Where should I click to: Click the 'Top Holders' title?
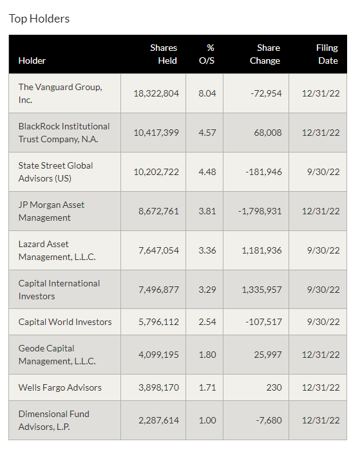point(39,19)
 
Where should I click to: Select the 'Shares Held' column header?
point(164,54)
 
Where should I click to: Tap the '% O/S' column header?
point(207,54)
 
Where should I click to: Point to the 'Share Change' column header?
point(265,54)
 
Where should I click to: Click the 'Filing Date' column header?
point(327,54)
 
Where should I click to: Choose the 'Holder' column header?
point(32,60)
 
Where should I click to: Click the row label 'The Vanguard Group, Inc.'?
point(60,93)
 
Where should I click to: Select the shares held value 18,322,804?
point(156,93)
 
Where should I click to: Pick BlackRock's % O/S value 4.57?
point(207,133)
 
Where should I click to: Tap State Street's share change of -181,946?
point(263,172)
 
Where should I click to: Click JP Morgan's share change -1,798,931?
point(260,211)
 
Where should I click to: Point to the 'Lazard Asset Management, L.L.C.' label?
point(57,250)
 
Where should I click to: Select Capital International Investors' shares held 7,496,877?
point(158,290)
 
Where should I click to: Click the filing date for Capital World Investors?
point(323,322)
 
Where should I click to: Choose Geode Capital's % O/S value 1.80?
point(207,355)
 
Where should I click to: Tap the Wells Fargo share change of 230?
point(274,387)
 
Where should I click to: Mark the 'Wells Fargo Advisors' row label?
point(60,387)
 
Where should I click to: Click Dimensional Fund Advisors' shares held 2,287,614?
point(158,420)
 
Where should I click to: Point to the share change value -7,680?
point(269,420)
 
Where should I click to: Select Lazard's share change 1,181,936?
point(261,250)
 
